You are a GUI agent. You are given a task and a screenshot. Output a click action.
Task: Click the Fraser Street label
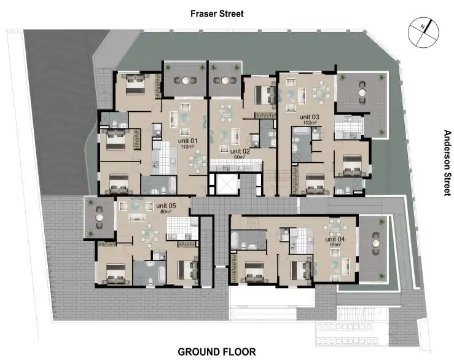click(217, 13)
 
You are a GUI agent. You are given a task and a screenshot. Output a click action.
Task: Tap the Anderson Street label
click(447, 163)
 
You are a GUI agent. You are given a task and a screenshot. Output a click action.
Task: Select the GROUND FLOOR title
click(216, 352)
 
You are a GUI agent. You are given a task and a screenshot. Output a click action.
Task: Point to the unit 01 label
click(189, 141)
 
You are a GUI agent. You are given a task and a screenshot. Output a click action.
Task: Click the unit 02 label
click(240, 151)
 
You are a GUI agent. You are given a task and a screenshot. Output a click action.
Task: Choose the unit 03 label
click(309, 117)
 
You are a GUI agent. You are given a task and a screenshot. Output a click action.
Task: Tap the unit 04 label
click(334, 238)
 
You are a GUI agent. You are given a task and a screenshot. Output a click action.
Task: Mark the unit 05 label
click(165, 206)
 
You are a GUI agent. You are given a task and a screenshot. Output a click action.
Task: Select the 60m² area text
click(240, 157)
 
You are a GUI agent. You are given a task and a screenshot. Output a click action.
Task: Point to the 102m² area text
click(309, 123)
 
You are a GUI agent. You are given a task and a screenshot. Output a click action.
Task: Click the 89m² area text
click(334, 245)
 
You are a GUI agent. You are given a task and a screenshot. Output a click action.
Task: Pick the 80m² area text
click(165, 212)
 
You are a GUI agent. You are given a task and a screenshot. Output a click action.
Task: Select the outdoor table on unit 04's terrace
click(373, 244)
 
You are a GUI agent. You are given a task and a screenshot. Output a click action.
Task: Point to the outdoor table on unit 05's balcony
click(98, 216)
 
